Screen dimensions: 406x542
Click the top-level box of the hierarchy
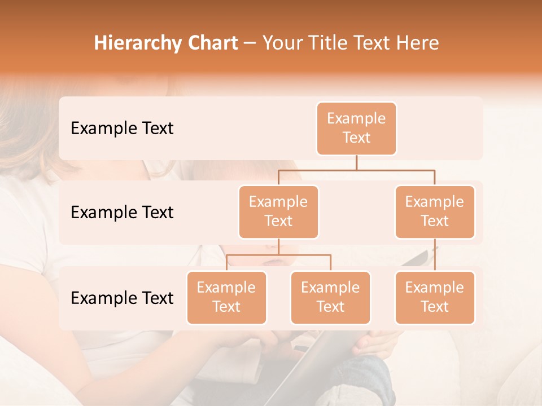click(356, 128)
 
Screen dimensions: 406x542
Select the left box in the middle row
click(278, 211)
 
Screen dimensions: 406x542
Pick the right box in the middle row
click(435, 211)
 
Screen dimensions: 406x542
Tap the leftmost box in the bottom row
click(226, 297)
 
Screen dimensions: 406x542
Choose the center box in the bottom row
click(330, 297)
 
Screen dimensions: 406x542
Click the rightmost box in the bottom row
click(435, 297)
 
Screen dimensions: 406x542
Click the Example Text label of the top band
click(122, 129)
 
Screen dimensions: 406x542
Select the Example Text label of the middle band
click(122, 213)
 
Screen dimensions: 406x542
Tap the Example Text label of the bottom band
click(122, 298)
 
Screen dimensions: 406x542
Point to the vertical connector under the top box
click(356, 162)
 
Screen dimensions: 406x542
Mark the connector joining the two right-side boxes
click(435, 255)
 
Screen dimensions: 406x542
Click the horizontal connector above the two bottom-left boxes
click(278, 255)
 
